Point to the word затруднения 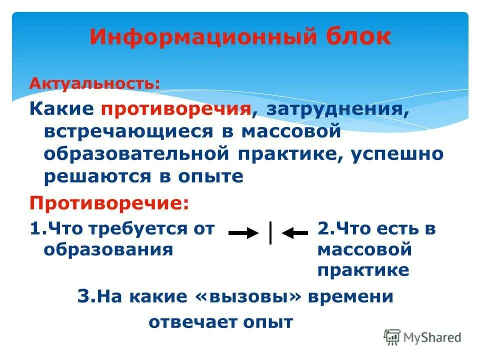[x=337, y=109]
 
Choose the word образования [x=108, y=249]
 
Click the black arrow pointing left [x=294, y=233]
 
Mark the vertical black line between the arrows [x=270, y=232]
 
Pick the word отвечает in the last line [x=190, y=322]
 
